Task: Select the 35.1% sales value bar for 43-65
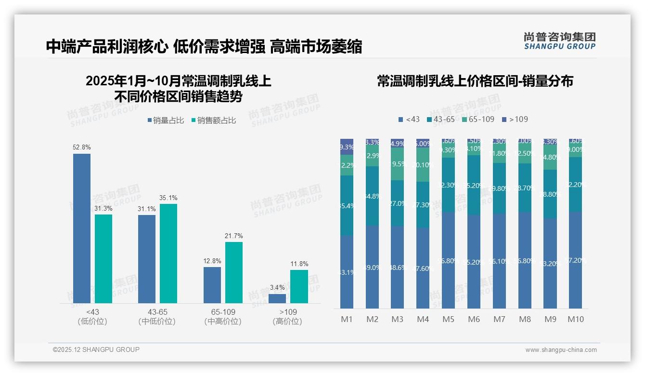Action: tap(168, 253)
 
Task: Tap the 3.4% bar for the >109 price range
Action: tap(277, 298)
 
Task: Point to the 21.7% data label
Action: tap(233, 236)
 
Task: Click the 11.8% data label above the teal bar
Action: tap(299, 264)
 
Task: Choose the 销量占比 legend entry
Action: tap(165, 121)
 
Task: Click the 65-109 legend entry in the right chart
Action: tap(478, 119)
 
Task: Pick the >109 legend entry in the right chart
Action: tap(515, 119)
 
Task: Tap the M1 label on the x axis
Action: tap(347, 319)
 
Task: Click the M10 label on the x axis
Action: tap(576, 319)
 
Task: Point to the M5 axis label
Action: tap(449, 319)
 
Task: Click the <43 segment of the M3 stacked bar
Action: tap(398, 267)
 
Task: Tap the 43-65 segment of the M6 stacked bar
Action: tap(474, 185)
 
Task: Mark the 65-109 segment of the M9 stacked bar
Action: tap(550, 158)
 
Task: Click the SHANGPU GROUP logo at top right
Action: tap(559, 41)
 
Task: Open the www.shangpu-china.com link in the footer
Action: tap(561, 350)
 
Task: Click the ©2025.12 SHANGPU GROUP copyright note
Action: tap(96, 349)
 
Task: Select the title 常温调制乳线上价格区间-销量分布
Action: tap(475, 81)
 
